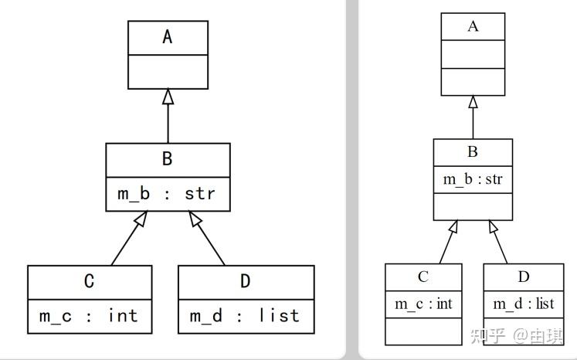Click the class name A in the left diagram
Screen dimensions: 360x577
click(168, 37)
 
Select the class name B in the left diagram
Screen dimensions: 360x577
click(168, 159)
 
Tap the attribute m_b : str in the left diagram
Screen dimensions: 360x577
click(168, 194)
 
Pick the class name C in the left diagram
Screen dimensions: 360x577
click(90, 281)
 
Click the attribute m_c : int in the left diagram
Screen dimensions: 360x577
click(90, 316)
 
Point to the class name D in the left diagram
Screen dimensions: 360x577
click(246, 281)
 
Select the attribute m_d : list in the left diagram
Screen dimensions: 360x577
click(246, 316)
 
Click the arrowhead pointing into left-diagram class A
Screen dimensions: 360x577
click(168, 97)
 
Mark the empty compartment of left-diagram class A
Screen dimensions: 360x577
click(168, 72)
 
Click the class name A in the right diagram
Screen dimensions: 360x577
click(473, 26)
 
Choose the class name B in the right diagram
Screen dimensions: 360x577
click(473, 152)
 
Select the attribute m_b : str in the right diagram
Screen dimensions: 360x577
click(473, 179)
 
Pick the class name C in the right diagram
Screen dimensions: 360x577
click(423, 277)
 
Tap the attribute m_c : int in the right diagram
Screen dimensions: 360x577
click(423, 304)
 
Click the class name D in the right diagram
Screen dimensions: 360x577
click(524, 277)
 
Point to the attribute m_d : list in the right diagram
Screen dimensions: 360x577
click(524, 304)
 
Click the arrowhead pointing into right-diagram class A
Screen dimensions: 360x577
click(473, 102)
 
